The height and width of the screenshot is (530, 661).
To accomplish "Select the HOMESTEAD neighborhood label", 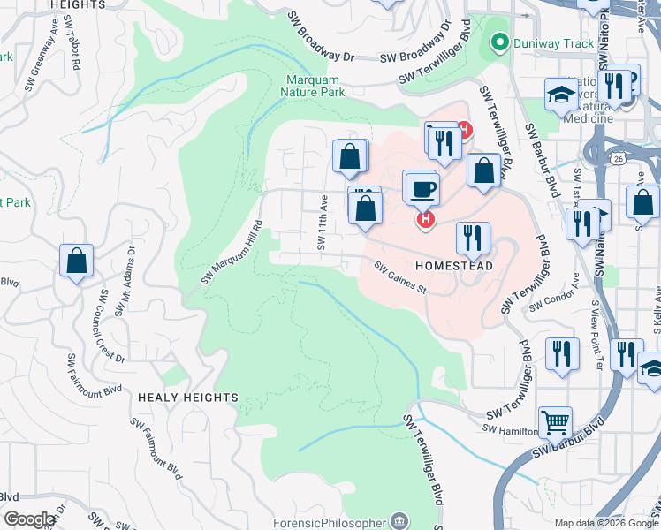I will [x=453, y=265].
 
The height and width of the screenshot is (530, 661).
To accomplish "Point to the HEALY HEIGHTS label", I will [x=187, y=398].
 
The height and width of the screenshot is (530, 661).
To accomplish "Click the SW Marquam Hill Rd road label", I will [x=232, y=253].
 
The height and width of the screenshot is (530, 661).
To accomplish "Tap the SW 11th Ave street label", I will [x=323, y=223].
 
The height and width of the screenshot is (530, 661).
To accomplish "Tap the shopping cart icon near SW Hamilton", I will [x=555, y=423].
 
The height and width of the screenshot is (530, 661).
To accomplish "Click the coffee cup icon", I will [x=423, y=187].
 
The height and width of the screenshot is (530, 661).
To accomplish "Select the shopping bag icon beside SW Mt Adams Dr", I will [x=77, y=260].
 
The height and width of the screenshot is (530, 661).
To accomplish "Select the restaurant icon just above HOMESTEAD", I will [x=473, y=237].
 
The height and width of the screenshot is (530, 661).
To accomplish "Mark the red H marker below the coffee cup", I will [x=426, y=218].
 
